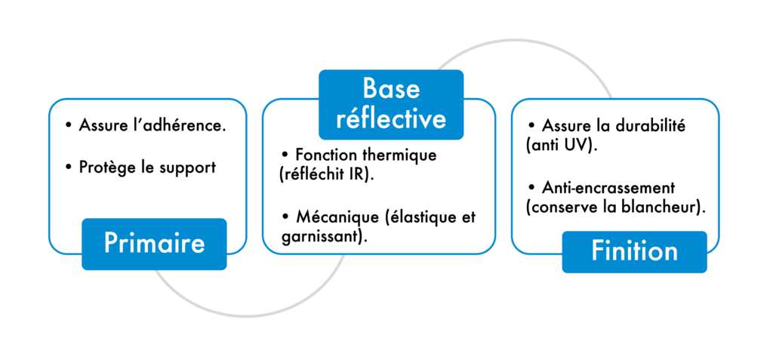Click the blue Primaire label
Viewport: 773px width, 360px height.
(154, 244)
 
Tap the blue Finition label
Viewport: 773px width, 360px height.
(634, 251)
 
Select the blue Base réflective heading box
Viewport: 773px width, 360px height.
(390, 104)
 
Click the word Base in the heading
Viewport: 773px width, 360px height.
(390, 88)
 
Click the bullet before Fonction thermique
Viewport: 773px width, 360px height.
(285, 155)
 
